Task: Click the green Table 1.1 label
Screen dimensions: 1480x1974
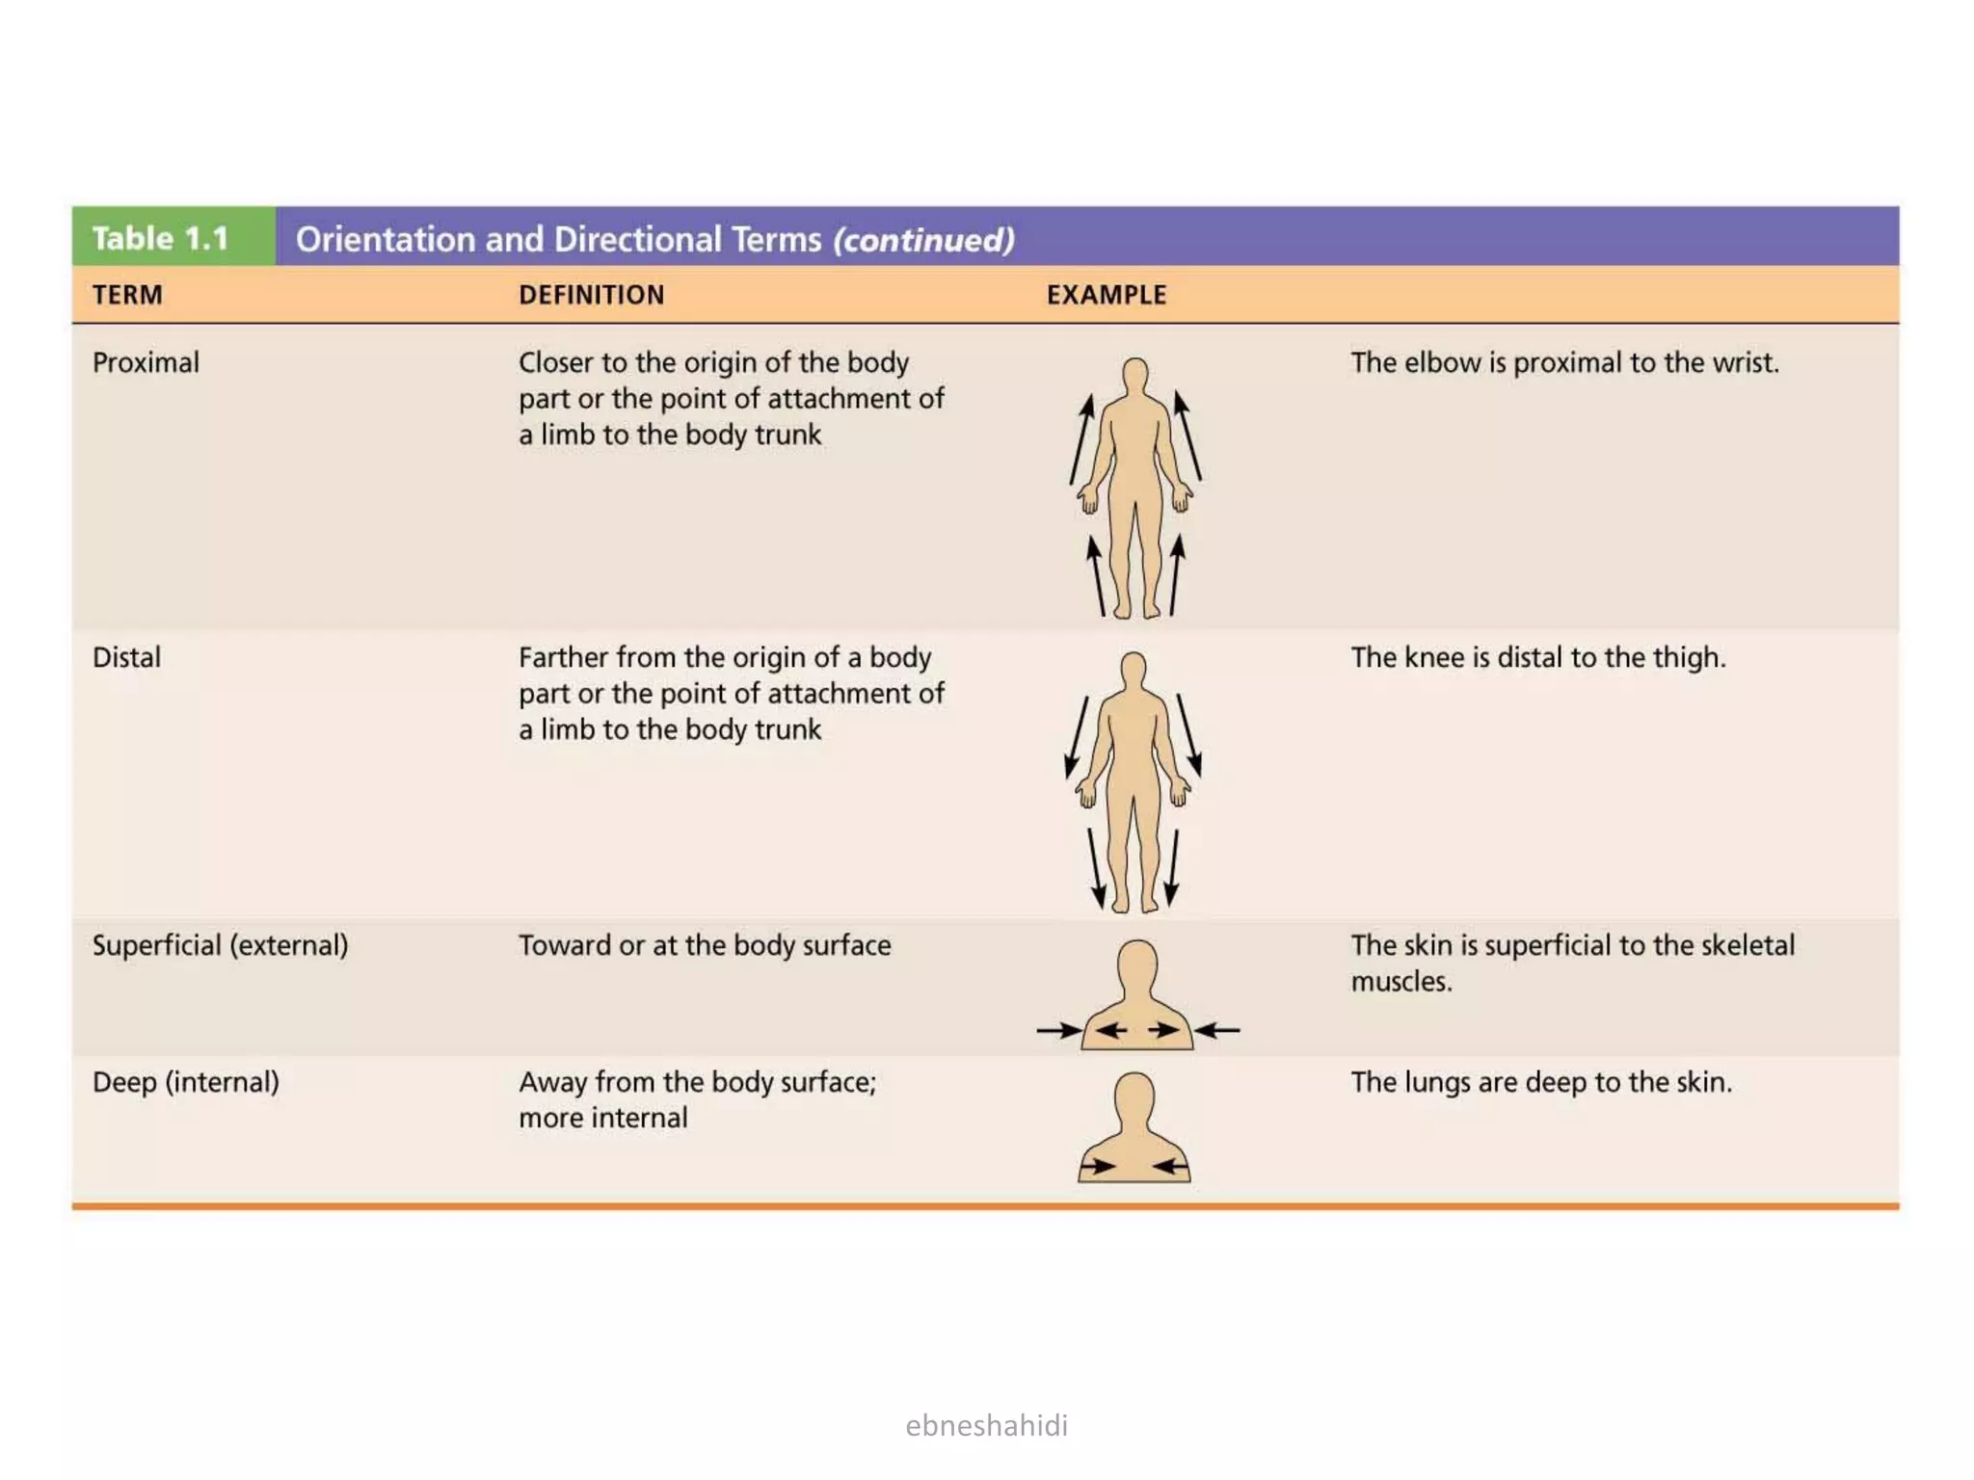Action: click(161, 238)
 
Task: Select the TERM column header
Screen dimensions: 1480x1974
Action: click(127, 295)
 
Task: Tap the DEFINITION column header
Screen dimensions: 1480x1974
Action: click(591, 295)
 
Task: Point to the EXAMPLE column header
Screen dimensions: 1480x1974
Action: click(1106, 295)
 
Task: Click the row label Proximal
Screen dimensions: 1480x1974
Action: click(146, 363)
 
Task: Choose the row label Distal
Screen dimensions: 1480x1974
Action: click(126, 658)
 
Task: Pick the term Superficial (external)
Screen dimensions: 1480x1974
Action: click(220, 945)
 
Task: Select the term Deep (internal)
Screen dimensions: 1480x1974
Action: click(185, 1082)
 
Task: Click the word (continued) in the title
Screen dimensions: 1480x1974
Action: click(923, 240)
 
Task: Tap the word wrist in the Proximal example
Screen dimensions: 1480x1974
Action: click(1746, 363)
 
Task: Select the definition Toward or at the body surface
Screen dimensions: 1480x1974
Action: click(704, 945)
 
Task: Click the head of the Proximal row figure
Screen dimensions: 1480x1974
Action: click(1135, 375)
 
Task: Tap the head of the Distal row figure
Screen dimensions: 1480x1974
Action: click(1134, 669)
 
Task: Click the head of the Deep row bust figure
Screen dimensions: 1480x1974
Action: click(1134, 1097)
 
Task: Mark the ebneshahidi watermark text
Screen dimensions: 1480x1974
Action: click(986, 1425)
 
